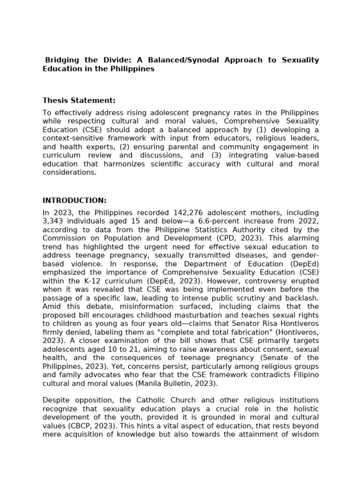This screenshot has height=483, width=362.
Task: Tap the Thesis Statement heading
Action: pos(79,100)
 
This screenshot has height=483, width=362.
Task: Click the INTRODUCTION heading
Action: pos(74,200)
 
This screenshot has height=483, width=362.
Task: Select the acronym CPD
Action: pos(214,239)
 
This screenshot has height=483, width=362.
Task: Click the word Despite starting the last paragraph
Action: pos(56,400)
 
